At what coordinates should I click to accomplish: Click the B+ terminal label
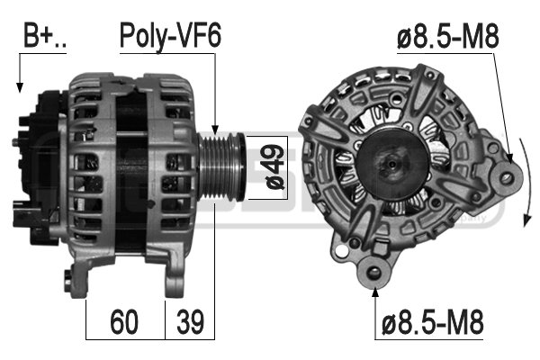pos(44,35)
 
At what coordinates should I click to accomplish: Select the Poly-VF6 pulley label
pos(170,37)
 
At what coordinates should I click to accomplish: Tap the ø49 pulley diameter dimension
pos(276,167)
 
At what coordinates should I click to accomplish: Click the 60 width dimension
pos(124,322)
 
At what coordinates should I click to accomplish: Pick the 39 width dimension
pos(190,322)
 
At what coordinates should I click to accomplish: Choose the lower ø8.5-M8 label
pos(433,322)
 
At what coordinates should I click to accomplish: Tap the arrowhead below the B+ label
pos(20,87)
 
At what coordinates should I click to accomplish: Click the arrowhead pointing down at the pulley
pos(215,130)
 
